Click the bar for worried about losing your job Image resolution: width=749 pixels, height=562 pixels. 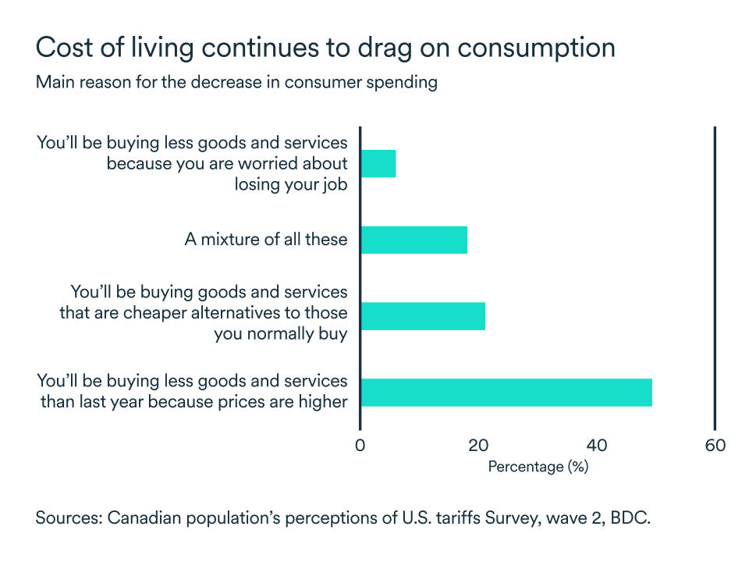(378, 163)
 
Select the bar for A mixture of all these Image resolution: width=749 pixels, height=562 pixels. (414, 240)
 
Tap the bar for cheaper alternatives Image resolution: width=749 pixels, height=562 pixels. (423, 315)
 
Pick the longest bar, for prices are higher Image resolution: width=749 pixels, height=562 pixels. (506, 392)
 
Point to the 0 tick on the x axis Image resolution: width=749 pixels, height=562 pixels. (360, 446)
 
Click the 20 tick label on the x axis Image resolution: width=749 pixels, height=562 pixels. (478, 446)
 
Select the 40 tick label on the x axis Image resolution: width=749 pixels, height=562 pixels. (597, 446)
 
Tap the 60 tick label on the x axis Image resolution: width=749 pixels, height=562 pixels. (715, 446)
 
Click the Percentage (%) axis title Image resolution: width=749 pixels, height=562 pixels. (538, 467)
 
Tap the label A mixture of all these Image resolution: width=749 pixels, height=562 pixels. (265, 240)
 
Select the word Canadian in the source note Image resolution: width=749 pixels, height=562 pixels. (141, 518)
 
